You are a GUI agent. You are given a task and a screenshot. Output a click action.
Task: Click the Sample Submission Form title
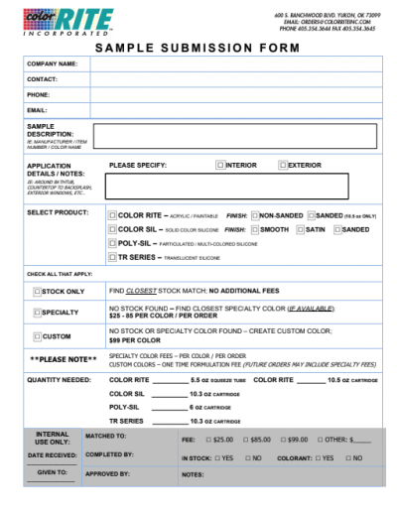click(198, 48)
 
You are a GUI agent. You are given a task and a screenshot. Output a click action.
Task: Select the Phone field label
click(39, 94)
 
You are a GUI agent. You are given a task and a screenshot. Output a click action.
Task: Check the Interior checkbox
click(220, 165)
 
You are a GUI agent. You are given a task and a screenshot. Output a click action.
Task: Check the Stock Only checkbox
click(38, 292)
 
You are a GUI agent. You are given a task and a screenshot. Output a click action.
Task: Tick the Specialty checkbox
click(38, 313)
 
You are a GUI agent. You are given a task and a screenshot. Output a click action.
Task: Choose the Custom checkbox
click(38, 336)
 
